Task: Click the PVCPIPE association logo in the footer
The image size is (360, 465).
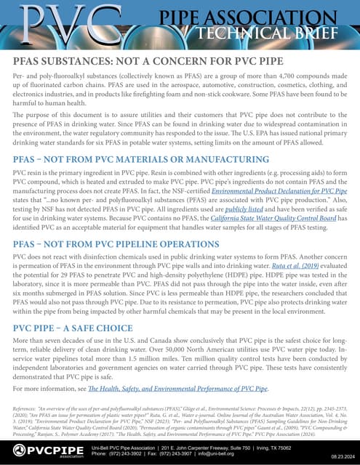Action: pyautogui.click(x=44, y=451)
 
